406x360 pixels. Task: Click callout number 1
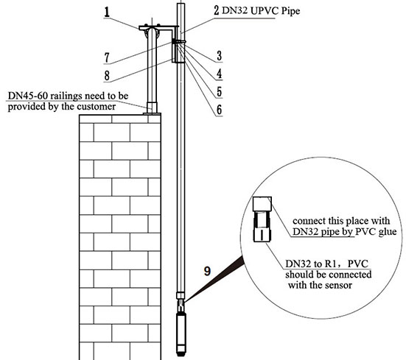pyautogui.click(x=107, y=13)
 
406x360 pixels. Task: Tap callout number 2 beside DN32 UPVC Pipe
pyautogui.click(x=217, y=10)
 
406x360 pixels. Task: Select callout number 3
pyautogui.click(x=220, y=56)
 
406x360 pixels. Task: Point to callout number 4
pyautogui.click(x=220, y=74)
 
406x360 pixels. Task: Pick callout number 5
pyautogui.click(x=220, y=91)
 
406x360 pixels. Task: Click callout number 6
pyautogui.click(x=220, y=110)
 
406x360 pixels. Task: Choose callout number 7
pyautogui.click(x=107, y=57)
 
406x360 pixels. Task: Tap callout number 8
pyautogui.click(x=107, y=76)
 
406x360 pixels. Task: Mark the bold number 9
pyautogui.click(x=207, y=272)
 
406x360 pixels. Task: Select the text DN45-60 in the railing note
pyautogui.click(x=28, y=96)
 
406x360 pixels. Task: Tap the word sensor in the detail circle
pyautogui.click(x=339, y=285)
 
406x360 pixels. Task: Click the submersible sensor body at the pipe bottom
pyautogui.click(x=181, y=334)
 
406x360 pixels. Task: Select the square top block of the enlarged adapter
pyautogui.click(x=262, y=204)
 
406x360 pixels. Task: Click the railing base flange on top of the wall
pyautogui.click(x=152, y=113)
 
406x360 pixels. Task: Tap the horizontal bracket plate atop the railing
pyautogui.click(x=158, y=27)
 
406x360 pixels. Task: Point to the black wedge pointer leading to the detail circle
pyautogui.click(x=215, y=279)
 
